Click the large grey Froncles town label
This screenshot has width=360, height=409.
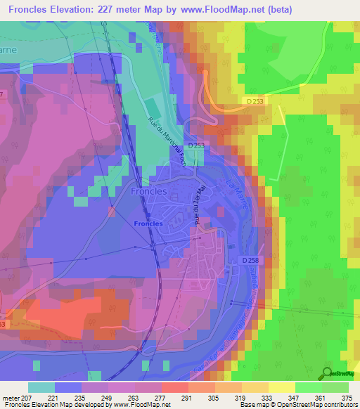tap(148, 190)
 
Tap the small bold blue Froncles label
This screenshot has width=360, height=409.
tap(148, 223)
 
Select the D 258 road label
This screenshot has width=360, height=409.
tap(251, 260)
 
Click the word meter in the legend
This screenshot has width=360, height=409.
tap(11, 397)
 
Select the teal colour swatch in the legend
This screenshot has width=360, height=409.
tap(41, 387)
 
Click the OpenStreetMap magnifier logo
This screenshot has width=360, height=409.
tap(327, 373)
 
